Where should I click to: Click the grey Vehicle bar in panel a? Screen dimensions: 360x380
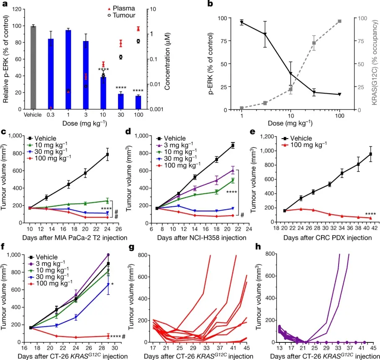[33, 67]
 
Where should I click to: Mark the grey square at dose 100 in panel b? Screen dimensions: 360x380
[339, 21]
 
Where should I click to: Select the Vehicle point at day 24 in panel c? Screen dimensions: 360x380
[108, 154]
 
